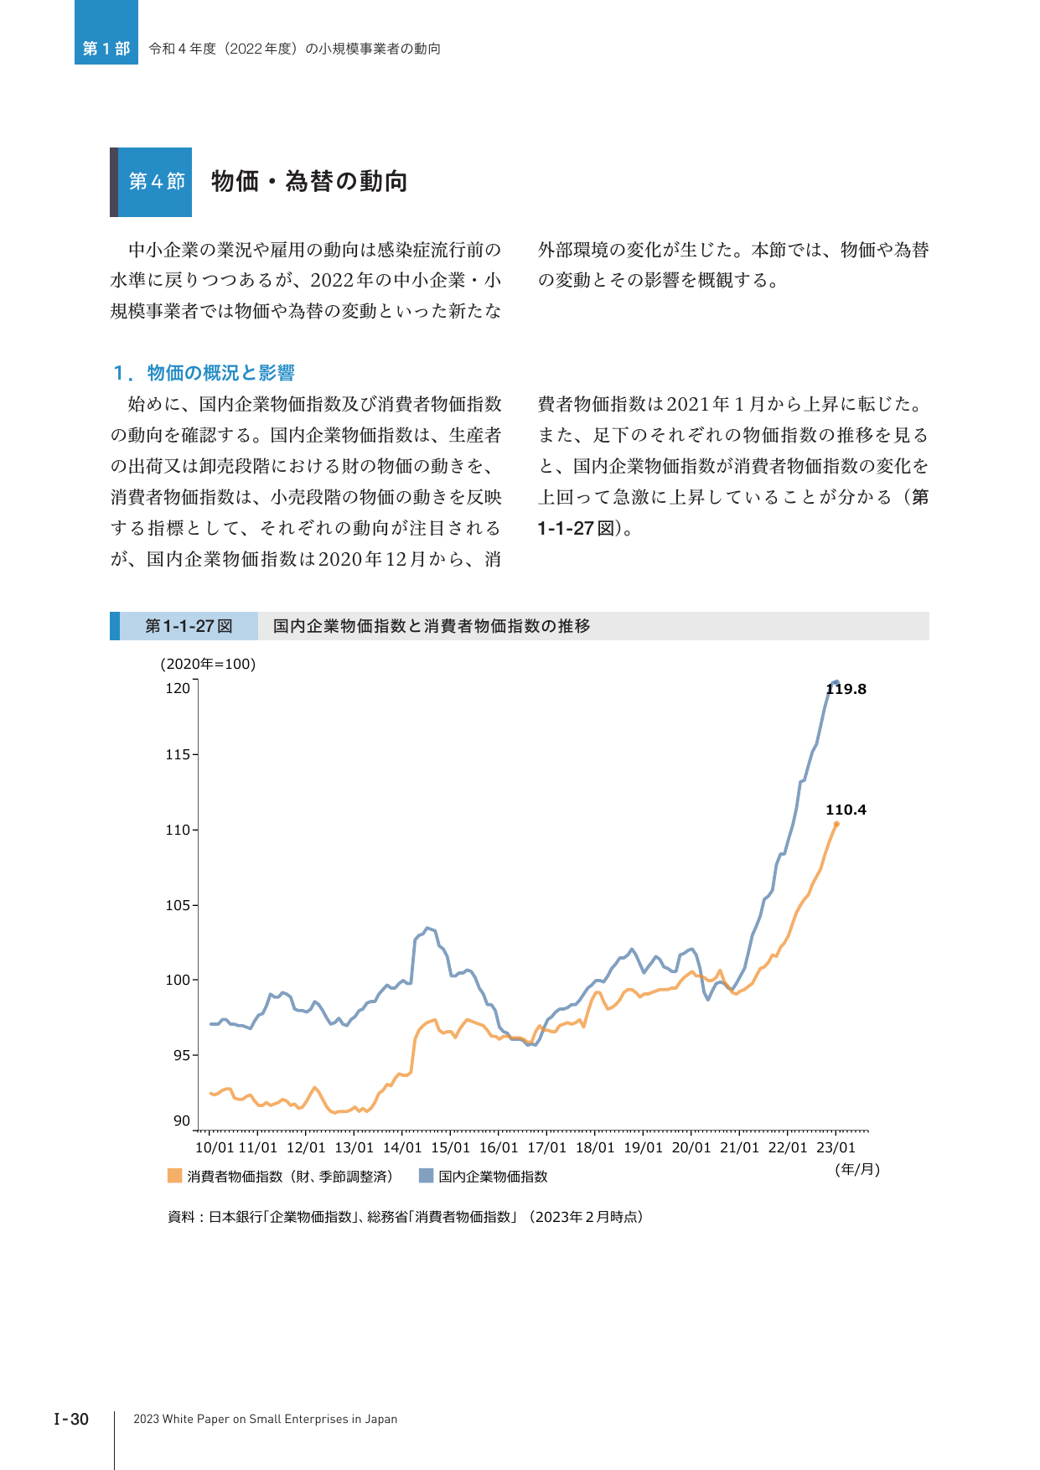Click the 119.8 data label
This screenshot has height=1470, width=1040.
coord(846,689)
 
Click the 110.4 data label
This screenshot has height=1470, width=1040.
coord(846,810)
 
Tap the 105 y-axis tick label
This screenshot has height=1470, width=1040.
coord(178,905)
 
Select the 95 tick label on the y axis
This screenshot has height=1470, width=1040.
coord(182,1055)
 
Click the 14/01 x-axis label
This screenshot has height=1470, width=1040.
coord(402,1147)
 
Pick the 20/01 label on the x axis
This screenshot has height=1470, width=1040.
coord(691,1147)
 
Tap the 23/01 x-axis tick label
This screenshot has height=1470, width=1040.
coord(836,1147)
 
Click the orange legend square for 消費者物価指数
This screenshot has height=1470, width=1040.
coord(174,1176)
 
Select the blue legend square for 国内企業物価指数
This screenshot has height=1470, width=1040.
coord(426,1176)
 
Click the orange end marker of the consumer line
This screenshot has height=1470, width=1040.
coord(836,824)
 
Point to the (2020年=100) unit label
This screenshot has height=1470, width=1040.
coord(208,664)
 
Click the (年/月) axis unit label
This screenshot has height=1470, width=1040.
coord(857,1169)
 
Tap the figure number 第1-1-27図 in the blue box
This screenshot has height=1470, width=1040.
coord(189,626)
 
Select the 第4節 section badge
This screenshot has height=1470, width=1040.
coord(157,182)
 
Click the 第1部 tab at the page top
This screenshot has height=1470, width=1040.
coord(106,49)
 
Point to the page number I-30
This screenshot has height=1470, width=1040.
coord(71,1419)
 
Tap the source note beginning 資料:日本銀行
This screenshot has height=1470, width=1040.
coord(406,1217)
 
